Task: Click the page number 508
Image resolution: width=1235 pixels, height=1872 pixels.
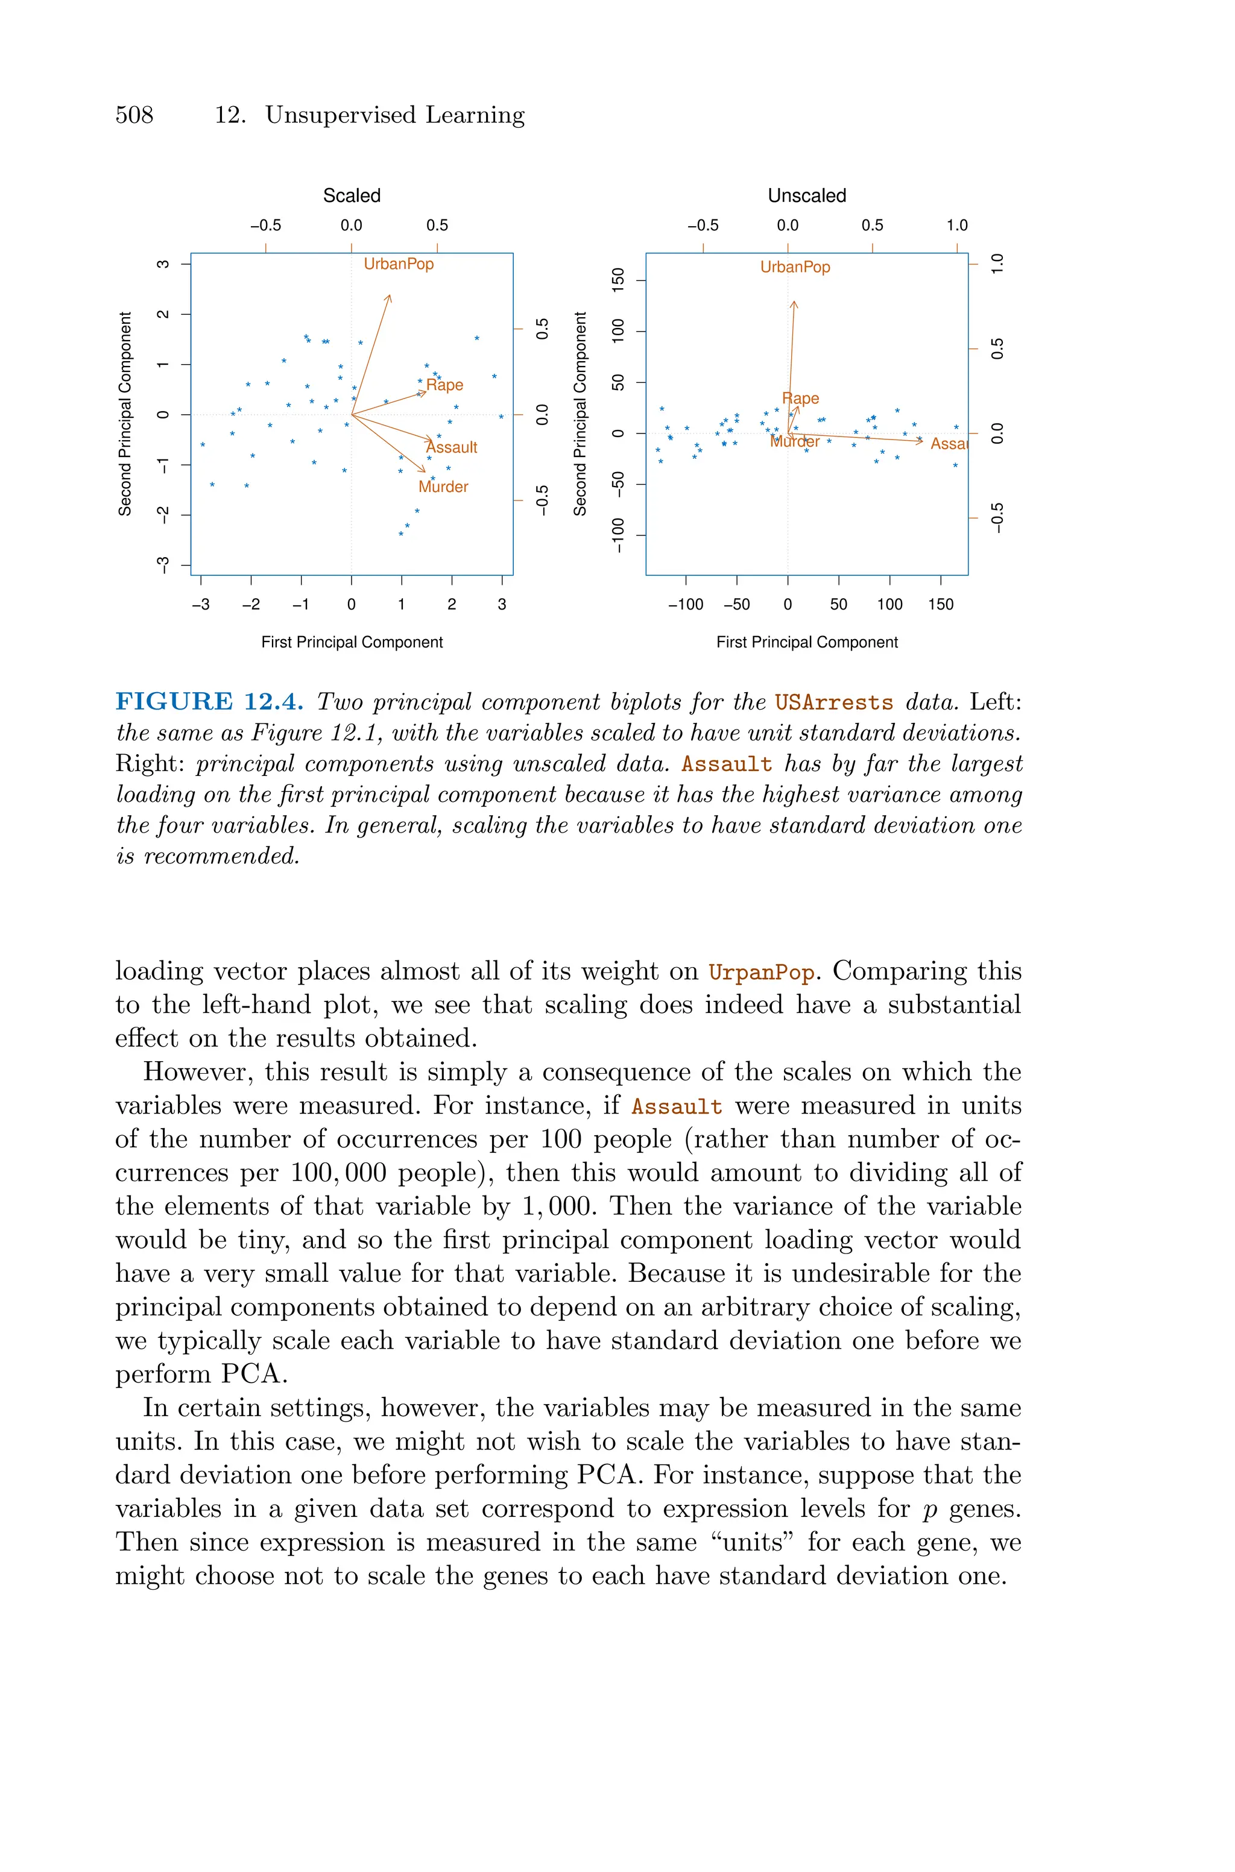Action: pos(134,116)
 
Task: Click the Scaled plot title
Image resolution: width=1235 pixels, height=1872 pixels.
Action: pos(352,196)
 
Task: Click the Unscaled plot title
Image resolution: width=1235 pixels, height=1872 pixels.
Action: pos(806,196)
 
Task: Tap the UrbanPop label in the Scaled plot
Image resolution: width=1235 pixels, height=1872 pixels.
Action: pos(399,263)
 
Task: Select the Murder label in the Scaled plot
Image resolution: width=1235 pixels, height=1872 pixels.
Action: pos(443,487)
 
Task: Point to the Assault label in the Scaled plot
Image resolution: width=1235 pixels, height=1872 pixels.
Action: pos(452,447)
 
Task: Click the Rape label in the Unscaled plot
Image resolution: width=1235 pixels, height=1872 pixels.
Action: pos(800,399)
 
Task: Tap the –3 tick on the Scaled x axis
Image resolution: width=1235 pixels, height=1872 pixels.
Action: pos(201,605)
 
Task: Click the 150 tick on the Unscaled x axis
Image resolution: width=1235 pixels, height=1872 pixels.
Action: pos(941,605)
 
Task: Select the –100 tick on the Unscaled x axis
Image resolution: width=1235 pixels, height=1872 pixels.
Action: pos(685,605)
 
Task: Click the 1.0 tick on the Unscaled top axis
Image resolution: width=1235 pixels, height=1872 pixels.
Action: pos(956,225)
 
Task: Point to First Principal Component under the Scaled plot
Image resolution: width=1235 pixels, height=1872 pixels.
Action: pos(352,642)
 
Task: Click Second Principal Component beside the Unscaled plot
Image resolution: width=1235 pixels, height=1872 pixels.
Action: pos(581,414)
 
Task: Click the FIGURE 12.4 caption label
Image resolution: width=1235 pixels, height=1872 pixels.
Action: pos(209,701)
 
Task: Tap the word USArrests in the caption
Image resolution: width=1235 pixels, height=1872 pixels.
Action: pos(833,702)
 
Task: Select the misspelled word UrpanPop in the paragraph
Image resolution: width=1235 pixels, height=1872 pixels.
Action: pos(761,972)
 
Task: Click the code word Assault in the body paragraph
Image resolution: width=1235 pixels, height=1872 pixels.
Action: pos(677,1107)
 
